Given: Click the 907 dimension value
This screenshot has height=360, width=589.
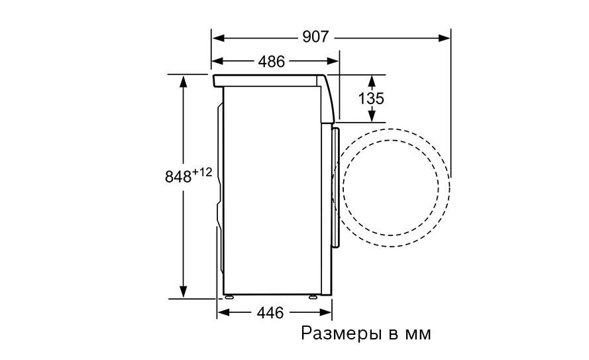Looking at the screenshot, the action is pos(315,37).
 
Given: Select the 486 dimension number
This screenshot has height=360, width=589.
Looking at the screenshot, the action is pos(271,61).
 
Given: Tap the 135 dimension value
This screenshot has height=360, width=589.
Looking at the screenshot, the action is pos(371,99).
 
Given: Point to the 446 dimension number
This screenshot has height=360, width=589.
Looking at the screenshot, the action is pos(270,312).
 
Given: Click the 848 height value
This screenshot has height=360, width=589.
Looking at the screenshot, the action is pos(178,176).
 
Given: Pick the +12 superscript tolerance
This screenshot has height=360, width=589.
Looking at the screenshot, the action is pos(202,172).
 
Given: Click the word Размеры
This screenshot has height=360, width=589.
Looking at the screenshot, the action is pos(341,333).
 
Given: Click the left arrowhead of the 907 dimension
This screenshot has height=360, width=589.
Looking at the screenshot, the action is pos(218,38).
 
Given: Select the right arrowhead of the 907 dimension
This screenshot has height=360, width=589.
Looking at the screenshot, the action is pos(445,38).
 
